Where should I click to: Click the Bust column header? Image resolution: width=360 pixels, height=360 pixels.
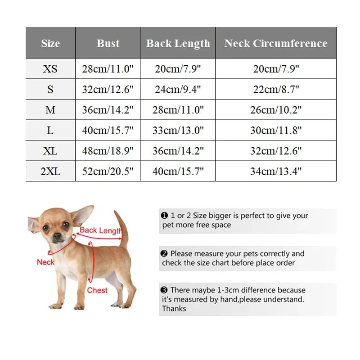point(108,43)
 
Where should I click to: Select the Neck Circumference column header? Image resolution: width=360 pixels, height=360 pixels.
point(275,43)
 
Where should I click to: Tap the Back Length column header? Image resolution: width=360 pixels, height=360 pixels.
point(178,43)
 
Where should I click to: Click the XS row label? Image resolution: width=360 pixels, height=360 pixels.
point(50,69)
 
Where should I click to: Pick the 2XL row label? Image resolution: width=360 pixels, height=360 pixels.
point(50,171)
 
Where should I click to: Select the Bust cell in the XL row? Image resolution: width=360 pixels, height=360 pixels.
point(108,151)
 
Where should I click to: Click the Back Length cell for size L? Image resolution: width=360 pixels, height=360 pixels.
point(178,130)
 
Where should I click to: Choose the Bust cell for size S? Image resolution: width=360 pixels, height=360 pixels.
point(108,90)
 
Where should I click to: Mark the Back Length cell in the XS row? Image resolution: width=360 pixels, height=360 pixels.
point(178,69)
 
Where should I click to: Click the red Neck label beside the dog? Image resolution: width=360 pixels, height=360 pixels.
point(45,262)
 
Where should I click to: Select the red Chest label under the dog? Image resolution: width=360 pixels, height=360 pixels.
point(97,290)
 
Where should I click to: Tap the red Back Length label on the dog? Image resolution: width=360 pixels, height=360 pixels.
point(100,230)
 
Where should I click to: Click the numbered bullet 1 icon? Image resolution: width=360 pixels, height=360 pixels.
point(164,216)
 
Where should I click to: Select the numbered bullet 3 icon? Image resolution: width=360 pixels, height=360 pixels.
point(164,290)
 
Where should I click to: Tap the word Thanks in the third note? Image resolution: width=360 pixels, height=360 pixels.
point(174,309)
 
